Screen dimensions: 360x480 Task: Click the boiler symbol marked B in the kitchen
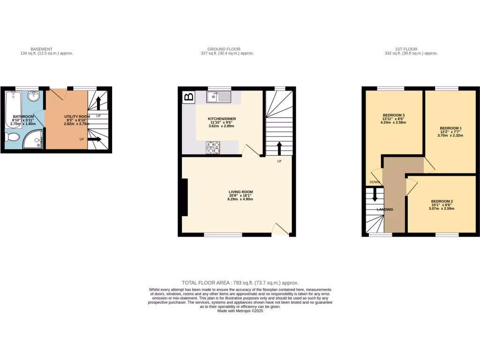[x=189, y=97]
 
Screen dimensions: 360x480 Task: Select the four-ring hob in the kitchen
[x=213, y=148]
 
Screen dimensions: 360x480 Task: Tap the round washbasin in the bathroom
[x=33, y=97]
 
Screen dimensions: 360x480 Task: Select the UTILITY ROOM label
[x=77, y=116]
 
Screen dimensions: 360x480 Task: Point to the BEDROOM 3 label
[x=394, y=115]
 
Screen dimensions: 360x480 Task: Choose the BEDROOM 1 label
[x=451, y=128]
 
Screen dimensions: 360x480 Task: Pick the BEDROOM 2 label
[x=442, y=201]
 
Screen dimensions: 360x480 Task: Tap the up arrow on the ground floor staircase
[x=279, y=148]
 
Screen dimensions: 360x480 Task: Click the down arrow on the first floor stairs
[x=374, y=194]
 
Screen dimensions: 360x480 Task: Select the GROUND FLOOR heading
[x=224, y=49]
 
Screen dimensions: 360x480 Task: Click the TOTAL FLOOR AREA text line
[x=240, y=283]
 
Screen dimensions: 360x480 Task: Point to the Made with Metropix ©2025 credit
[x=240, y=311]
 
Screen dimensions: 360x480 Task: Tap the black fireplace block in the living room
[x=185, y=197]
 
